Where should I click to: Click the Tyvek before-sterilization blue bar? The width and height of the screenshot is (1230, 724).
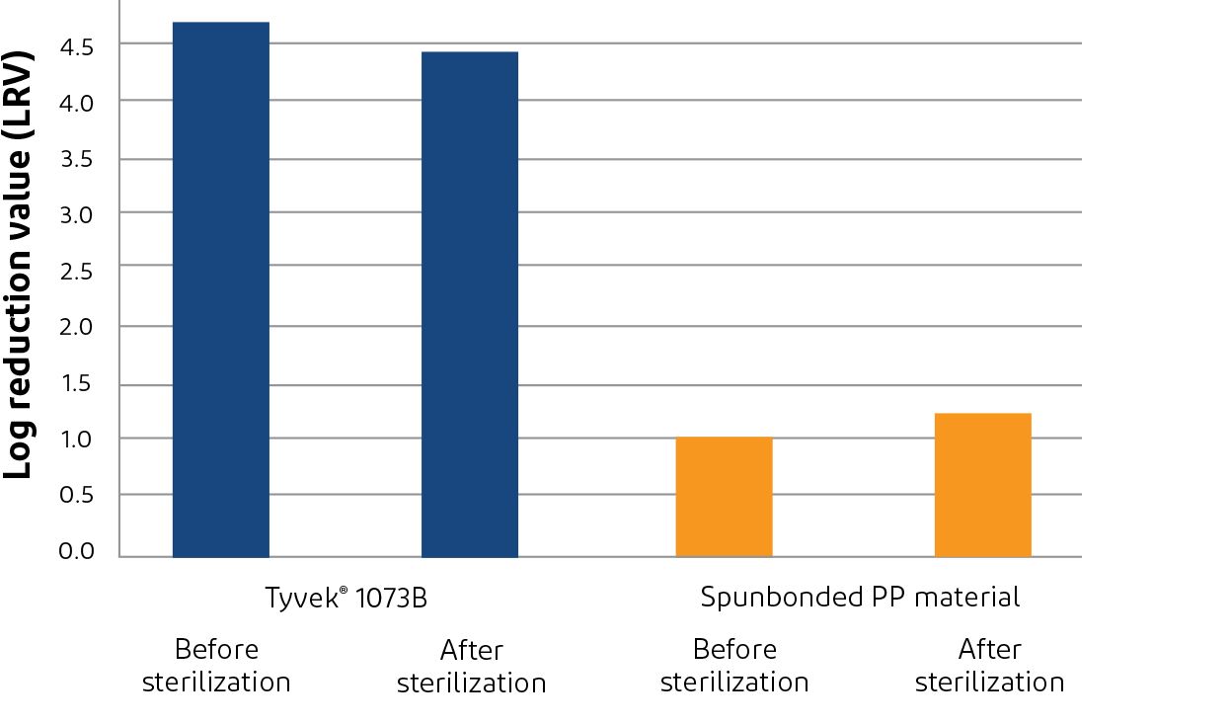click(220, 289)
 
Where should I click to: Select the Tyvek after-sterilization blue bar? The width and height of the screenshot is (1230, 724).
click(469, 304)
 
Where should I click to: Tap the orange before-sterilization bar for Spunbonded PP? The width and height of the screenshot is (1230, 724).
click(724, 496)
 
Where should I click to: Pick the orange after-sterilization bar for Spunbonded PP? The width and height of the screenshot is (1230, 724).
click(982, 484)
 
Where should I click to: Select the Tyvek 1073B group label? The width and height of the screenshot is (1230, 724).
click(346, 599)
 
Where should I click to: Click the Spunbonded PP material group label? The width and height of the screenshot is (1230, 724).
click(860, 598)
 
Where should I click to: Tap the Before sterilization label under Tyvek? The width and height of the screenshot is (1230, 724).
click(216, 666)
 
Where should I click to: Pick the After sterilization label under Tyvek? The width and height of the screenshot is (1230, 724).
click(471, 667)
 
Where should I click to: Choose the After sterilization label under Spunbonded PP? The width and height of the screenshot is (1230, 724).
click(989, 666)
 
